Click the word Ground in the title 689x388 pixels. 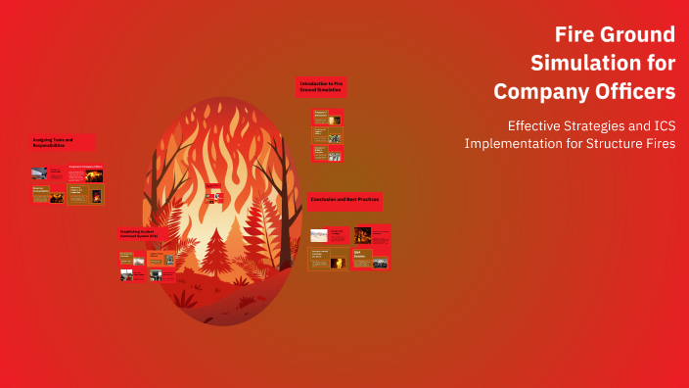[x=641, y=35]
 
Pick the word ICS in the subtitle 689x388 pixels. [x=659, y=125]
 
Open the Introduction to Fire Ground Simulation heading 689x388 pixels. [x=321, y=86]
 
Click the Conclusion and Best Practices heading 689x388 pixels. [x=344, y=200]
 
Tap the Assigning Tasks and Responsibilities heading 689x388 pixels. [x=62, y=142]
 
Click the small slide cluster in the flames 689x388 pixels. [x=213, y=194]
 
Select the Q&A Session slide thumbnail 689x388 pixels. [x=370, y=260]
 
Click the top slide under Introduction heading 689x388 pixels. [x=327, y=118]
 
